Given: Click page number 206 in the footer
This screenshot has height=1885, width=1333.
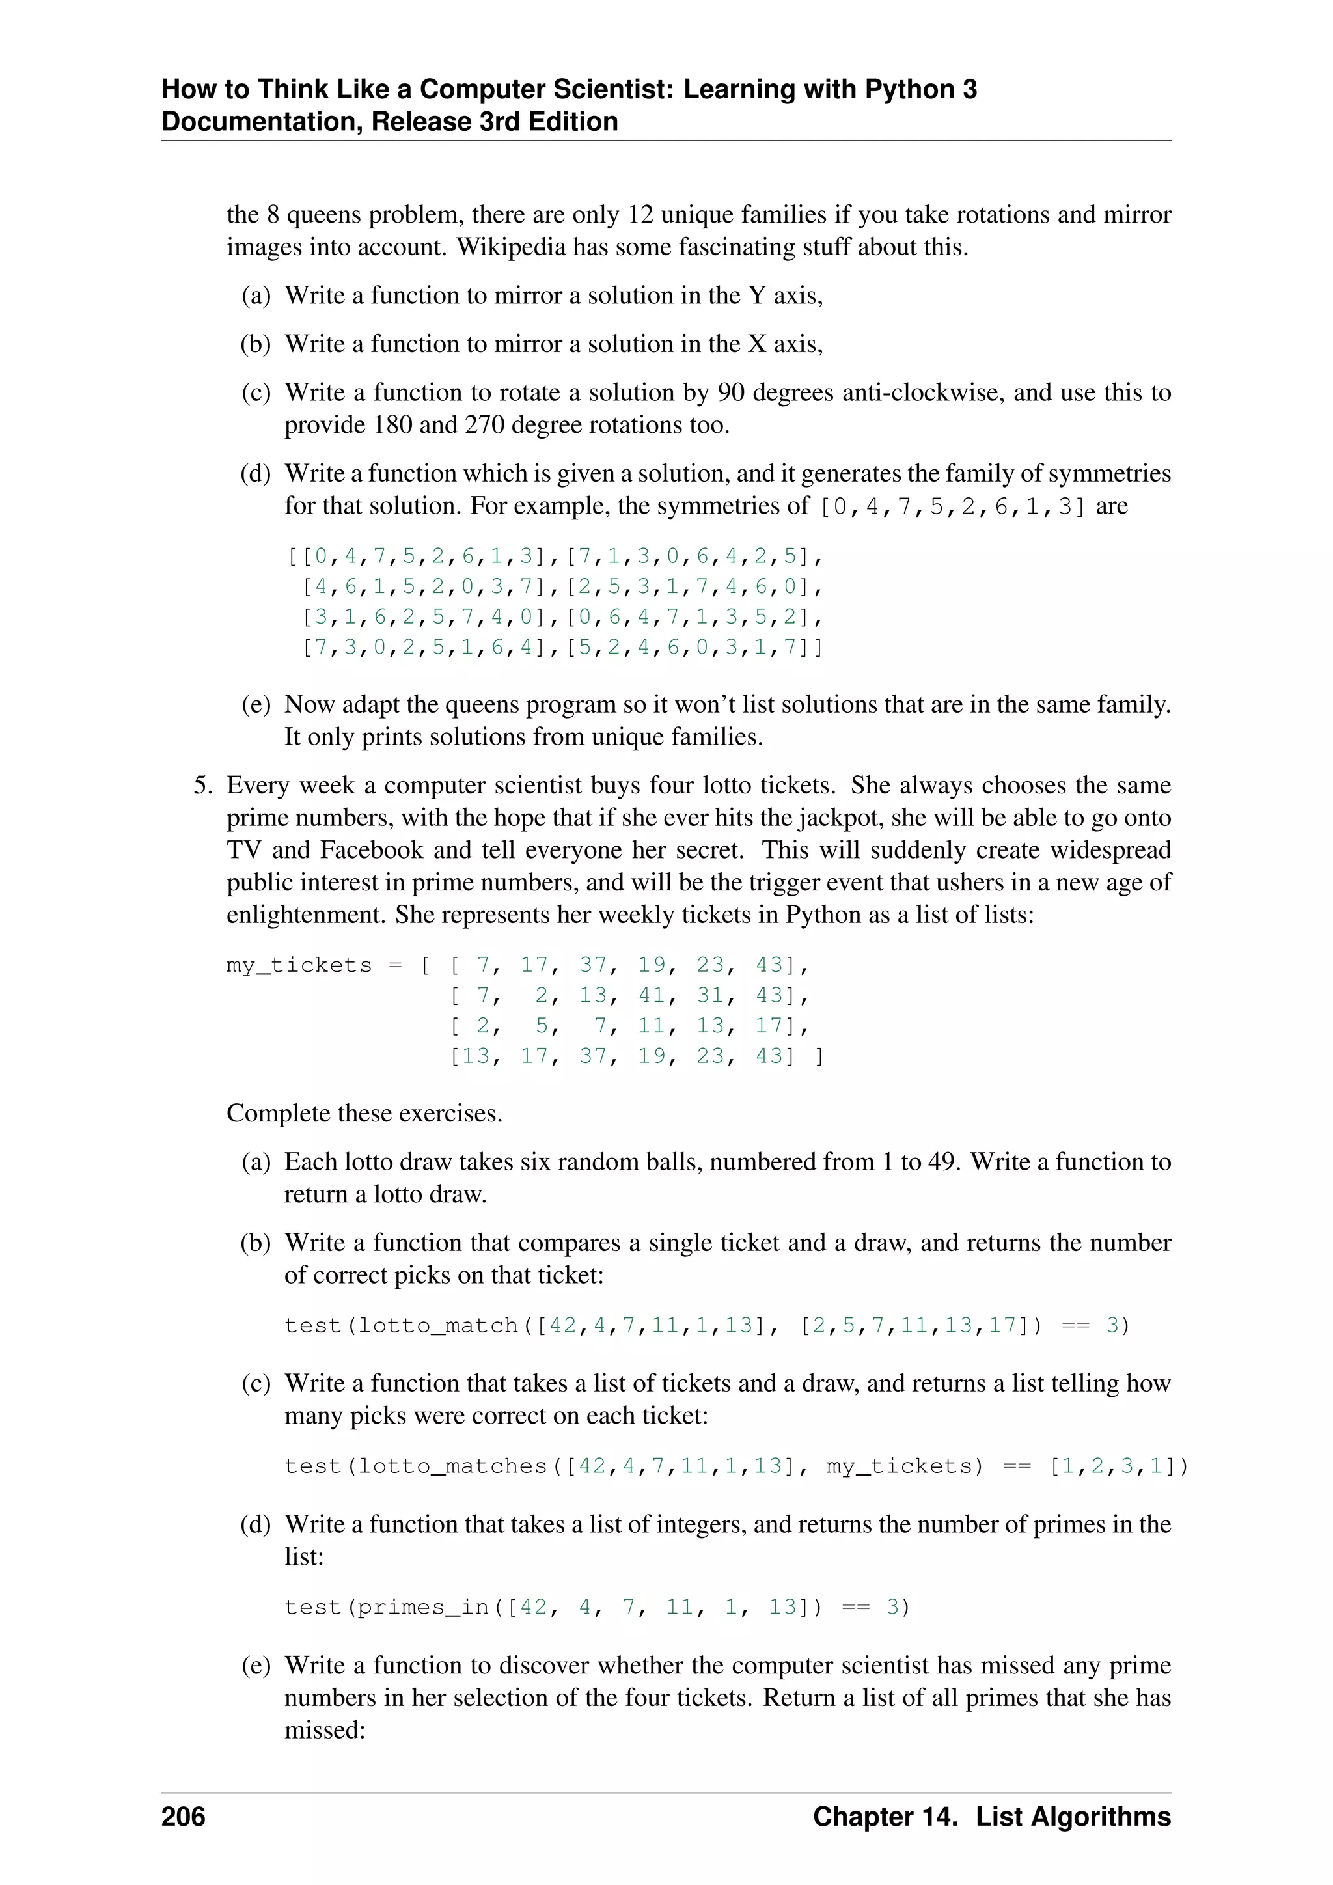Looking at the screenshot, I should coord(183,1816).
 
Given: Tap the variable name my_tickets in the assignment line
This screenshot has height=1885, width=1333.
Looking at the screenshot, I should coord(299,965).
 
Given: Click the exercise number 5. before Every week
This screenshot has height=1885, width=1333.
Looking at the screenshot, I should coord(202,786).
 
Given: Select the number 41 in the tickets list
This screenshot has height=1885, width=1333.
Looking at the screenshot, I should coord(652,995).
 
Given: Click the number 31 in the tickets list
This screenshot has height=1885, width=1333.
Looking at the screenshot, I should coord(710,995).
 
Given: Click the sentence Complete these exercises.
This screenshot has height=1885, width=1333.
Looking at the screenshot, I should coord(364,1113).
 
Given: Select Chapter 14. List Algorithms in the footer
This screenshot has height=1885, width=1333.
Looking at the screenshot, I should coord(991,1816).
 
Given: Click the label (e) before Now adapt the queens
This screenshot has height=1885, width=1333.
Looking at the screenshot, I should coord(255,704).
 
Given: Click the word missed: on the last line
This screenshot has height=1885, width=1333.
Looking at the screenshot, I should coord(324,1731).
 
